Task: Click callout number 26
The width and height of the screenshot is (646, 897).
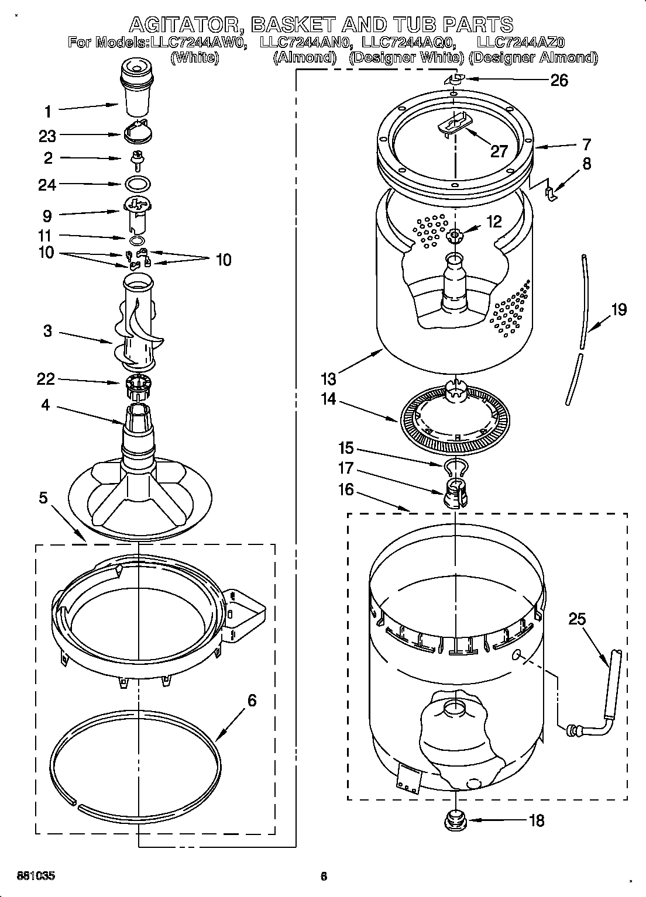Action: [x=559, y=80]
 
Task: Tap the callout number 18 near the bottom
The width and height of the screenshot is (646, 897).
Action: [x=535, y=820]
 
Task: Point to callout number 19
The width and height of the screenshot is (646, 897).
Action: [x=618, y=309]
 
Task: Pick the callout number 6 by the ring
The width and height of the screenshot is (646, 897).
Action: [x=252, y=700]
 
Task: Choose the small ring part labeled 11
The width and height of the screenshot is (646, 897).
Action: [x=136, y=240]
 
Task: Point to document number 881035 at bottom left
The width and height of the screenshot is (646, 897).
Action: [x=36, y=876]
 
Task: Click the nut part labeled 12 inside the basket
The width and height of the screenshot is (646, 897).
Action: [x=454, y=236]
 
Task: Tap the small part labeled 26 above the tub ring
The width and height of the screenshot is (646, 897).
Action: [x=454, y=80]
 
